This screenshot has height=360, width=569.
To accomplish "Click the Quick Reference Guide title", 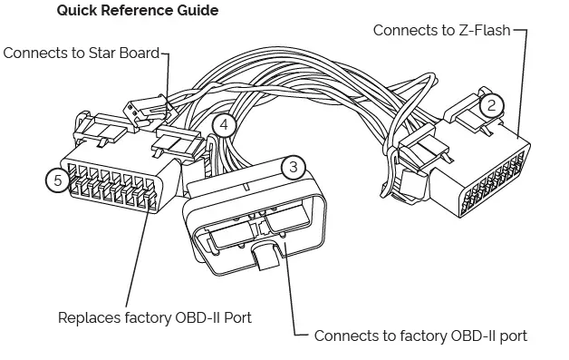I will pyautogui.click(x=137, y=11).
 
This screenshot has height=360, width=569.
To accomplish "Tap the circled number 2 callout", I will pyautogui.click(x=490, y=104).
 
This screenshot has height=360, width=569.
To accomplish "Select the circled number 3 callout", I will pyautogui.click(x=293, y=167).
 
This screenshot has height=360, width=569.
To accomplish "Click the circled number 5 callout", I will pyautogui.click(x=58, y=180).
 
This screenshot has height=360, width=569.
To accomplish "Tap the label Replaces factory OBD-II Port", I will pyautogui.click(x=154, y=317).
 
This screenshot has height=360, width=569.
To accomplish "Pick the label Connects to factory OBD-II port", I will pyautogui.click(x=420, y=336).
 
